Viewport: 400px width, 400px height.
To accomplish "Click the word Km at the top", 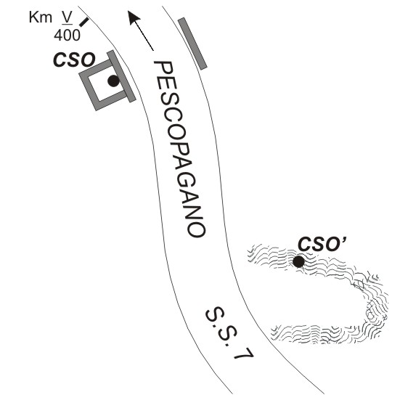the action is (x=41, y=17).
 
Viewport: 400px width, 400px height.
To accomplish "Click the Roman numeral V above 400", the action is (x=68, y=17).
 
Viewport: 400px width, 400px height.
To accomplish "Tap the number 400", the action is (x=67, y=35).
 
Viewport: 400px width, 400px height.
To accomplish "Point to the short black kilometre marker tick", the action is (x=84, y=22).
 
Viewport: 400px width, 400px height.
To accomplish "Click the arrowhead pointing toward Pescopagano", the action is (x=134, y=17).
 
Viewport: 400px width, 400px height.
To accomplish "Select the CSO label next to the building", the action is (x=74, y=60).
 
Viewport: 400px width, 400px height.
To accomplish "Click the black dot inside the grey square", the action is (x=113, y=81).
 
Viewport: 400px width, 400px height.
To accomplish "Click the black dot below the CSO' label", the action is (x=298, y=261).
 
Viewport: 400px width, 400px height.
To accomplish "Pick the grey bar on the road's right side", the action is (x=192, y=44).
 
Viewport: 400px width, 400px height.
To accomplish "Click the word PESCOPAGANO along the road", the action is (x=179, y=150).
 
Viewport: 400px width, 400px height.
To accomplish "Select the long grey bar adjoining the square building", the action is (x=121, y=76).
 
